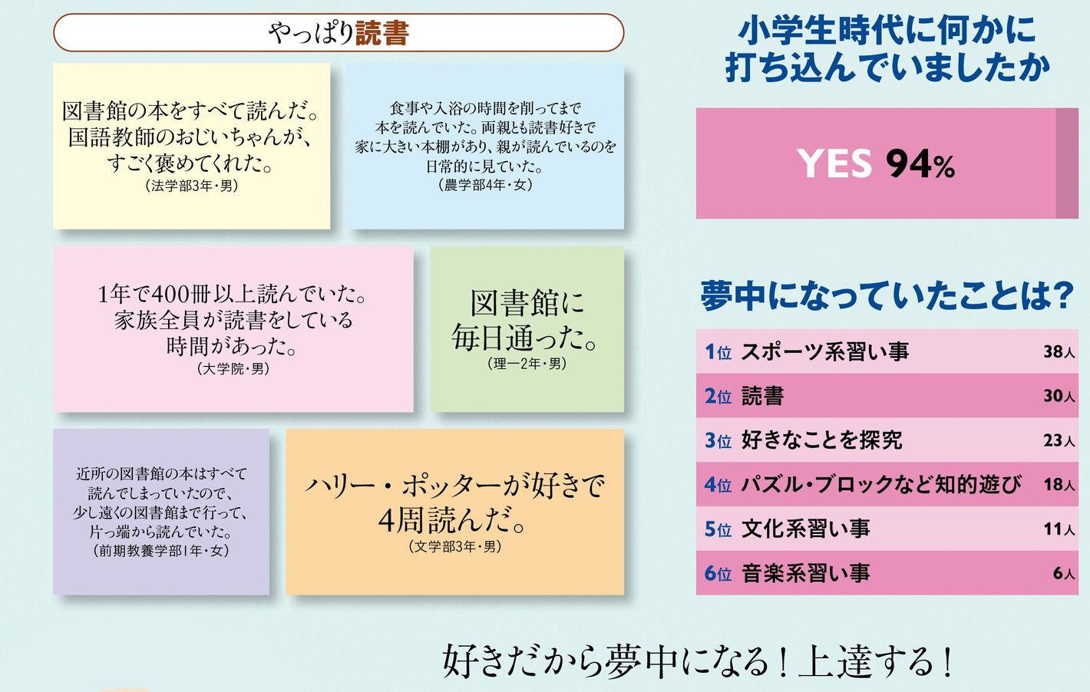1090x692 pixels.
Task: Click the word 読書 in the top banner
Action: (x=381, y=33)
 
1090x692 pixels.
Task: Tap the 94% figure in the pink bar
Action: (x=920, y=163)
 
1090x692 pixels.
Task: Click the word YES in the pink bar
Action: (x=834, y=163)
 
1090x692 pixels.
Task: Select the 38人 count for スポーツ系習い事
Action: (x=1059, y=351)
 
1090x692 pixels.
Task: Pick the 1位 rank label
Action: (x=718, y=351)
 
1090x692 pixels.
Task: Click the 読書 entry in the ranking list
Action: (x=762, y=396)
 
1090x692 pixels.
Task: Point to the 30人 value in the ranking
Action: (x=1059, y=396)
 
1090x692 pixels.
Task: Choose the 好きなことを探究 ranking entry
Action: (x=821, y=440)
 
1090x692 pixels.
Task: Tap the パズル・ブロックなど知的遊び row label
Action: (x=880, y=484)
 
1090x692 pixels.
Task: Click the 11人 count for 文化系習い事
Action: (x=1059, y=529)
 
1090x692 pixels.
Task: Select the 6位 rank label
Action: (x=718, y=573)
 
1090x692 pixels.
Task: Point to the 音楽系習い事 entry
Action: (x=805, y=573)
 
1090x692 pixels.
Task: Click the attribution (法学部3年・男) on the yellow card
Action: (x=192, y=186)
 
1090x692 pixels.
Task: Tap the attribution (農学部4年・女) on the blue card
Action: (x=485, y=186)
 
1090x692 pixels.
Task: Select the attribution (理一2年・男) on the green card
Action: (x=527, y=364)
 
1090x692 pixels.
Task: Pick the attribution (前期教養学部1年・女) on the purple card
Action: (x=160, y=551)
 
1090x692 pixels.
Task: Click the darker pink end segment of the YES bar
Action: (x=1067, y=163)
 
